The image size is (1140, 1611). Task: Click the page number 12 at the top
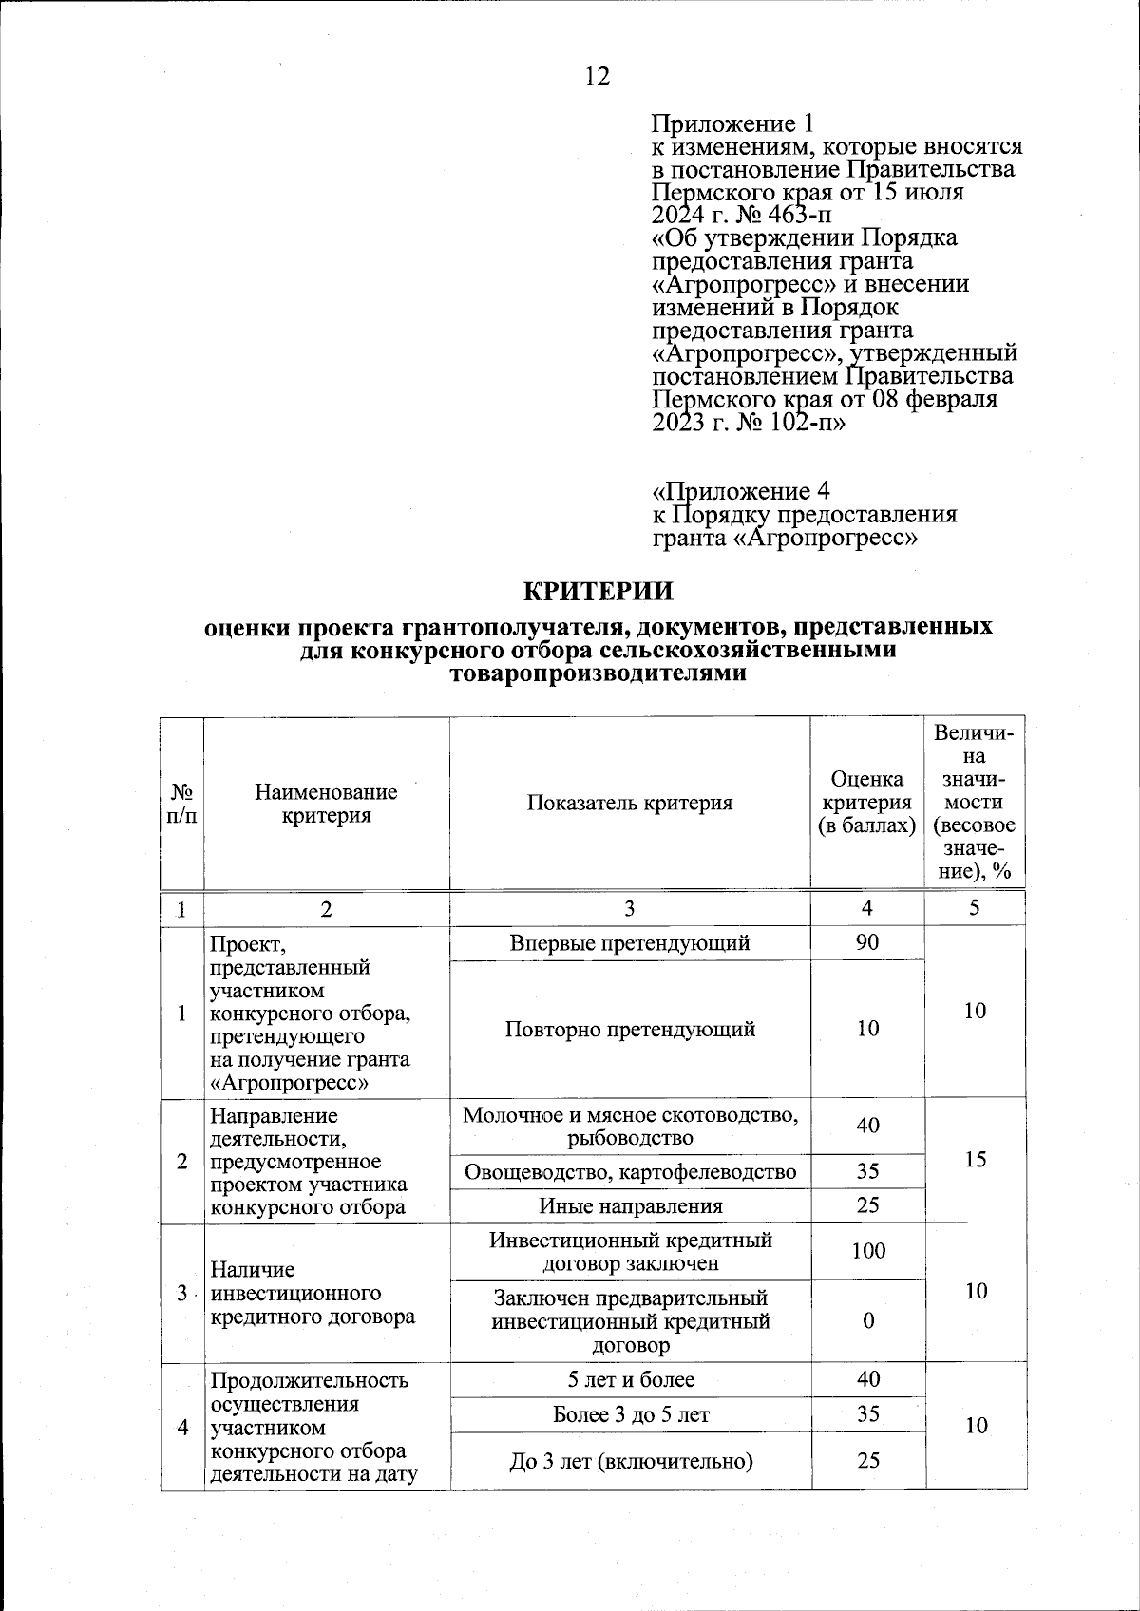[597, 76]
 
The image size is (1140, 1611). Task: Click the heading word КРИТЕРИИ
[598, 591]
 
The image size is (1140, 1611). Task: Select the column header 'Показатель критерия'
[630, 803]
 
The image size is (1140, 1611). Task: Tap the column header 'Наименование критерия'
[326, 804]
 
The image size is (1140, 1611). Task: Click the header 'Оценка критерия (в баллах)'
[866, 804]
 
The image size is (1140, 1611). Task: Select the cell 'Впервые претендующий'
[630, 942]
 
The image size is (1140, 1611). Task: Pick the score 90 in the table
[866, 942]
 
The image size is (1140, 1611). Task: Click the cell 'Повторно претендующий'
[630, 1029]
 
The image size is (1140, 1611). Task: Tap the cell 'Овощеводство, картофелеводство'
[630, 1171]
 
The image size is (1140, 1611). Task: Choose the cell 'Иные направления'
[630, 1206]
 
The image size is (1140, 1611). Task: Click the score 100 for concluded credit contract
[867, 1251]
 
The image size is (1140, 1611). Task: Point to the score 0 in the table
[867, 1321]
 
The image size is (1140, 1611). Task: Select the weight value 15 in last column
[975, 1159]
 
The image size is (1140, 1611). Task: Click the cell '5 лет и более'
[630, 1379]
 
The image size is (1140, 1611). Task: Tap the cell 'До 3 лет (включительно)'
[630, 1460]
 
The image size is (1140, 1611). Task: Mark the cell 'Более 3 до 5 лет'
[630, 1414]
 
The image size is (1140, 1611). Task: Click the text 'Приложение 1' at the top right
[732, 123]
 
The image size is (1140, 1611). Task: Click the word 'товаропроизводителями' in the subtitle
[598, 674]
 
